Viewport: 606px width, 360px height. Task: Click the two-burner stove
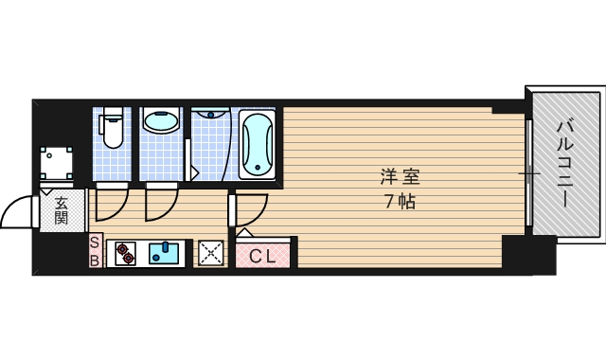click(x=126, y=253)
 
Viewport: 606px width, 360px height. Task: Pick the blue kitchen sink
click(x=165, y=253)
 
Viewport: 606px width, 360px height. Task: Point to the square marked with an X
click(x=210, y=253)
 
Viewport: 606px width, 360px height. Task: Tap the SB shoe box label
click(x=95, y=251)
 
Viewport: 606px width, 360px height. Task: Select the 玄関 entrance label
click(x=62, y=209)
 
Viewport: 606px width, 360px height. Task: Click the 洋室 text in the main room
click(x=400, y=176)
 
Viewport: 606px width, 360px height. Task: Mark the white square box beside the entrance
click(x=57, y=163)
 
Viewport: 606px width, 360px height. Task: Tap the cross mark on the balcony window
click(x=532, y=174)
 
